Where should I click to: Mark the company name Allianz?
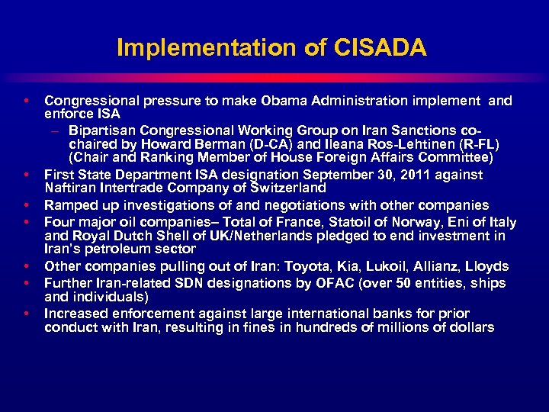point(438,266)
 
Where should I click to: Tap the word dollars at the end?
point(470,327)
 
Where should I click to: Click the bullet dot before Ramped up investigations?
point(27,205)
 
